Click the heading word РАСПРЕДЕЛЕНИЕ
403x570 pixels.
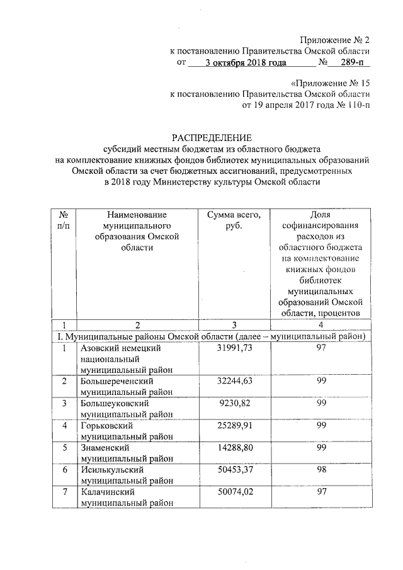[x=212, y=138]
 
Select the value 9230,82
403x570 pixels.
[x=234, y=403]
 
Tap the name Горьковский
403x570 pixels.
[x=104, y=425]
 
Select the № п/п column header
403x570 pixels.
[x=63, y=220]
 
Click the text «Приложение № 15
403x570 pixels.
[x=330, y=83]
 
